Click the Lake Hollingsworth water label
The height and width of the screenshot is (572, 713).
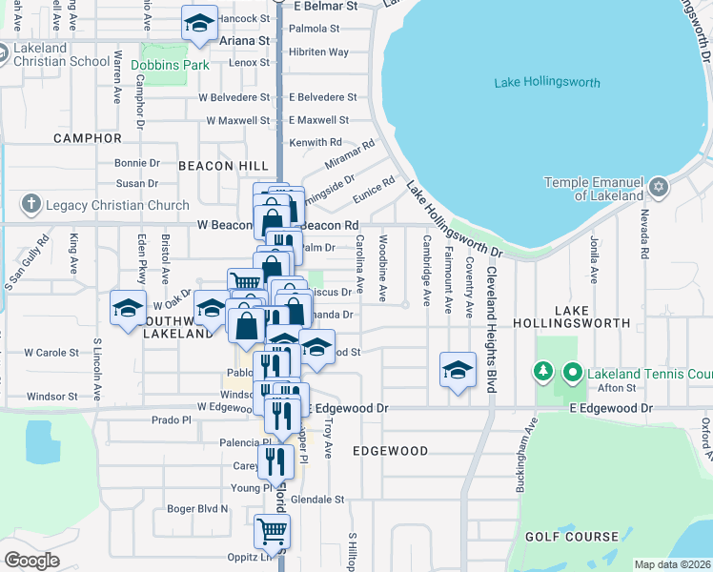point(547,83)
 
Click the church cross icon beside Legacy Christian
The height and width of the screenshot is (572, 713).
point(31,205)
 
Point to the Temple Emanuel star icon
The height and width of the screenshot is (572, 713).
point(659,182)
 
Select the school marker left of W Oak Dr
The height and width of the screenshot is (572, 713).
point(128,308)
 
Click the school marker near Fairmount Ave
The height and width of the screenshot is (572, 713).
point(458,369)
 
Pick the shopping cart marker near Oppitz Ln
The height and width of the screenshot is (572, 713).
point(272,531)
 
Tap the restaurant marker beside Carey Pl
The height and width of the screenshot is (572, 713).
point(275,461)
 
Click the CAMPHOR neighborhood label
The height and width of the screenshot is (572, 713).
point(88,138)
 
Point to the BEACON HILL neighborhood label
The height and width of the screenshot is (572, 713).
point(223,166)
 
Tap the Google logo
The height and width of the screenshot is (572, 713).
point(31,561)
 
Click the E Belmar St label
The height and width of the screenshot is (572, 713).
point(325,6)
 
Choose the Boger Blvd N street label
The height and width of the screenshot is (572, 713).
point(198,509)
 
